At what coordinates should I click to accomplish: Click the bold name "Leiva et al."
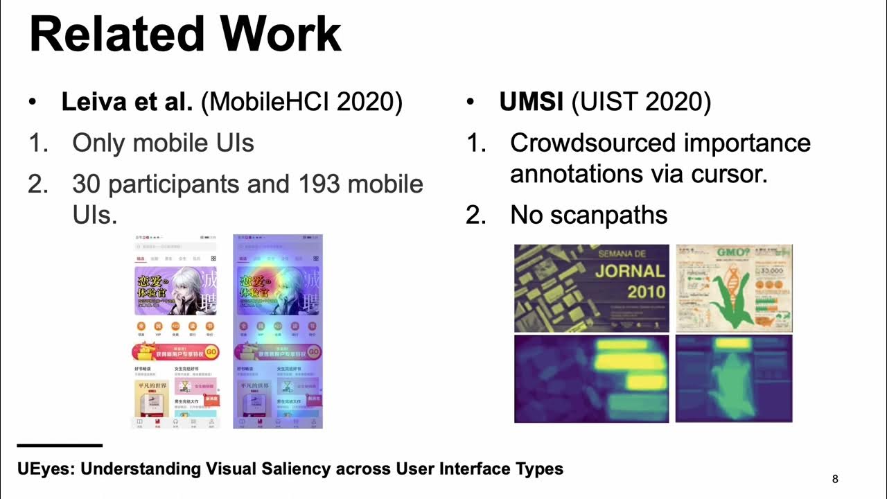[127, 102]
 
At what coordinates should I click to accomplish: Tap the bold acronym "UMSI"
[532, 102]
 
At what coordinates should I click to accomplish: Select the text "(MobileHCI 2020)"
[301, 102]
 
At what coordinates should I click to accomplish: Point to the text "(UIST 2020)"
[641, 102]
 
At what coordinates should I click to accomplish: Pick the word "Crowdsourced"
[592, 143]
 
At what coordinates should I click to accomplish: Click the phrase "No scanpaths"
[588, 215]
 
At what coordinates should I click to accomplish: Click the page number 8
[835, 479]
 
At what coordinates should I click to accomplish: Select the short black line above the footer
[60, 445]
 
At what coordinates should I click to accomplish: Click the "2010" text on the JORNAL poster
[647, 291]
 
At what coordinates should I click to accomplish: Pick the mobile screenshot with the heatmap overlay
[278, 331]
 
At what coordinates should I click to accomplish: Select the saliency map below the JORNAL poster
[591, 378]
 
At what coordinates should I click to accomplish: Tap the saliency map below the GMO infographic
[734, 378]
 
